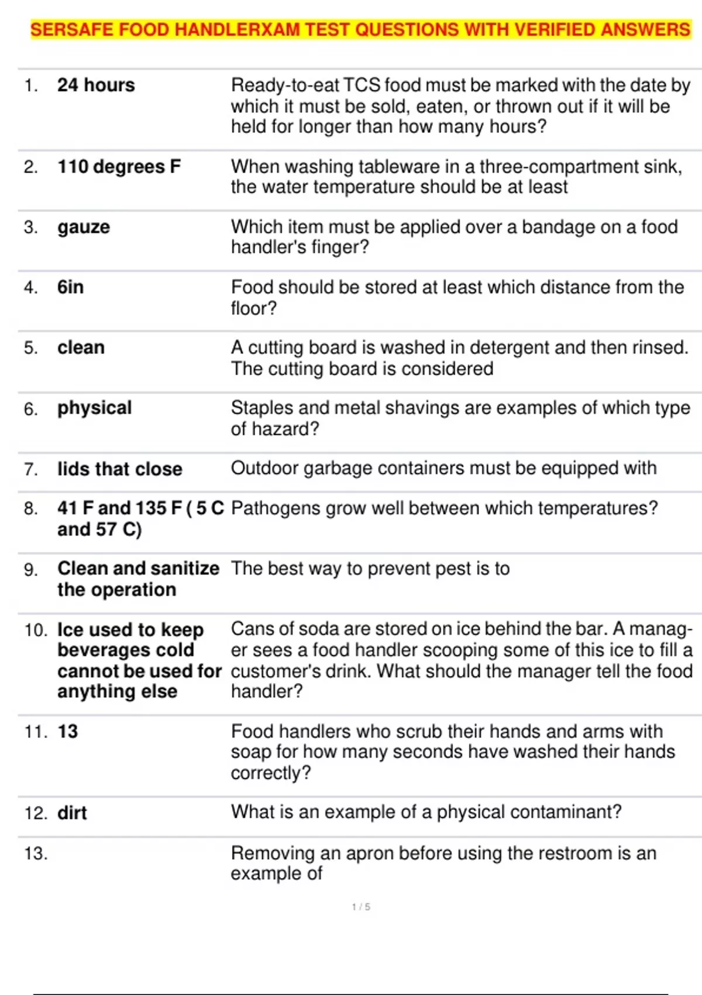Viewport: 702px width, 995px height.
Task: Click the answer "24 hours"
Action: (96, 85)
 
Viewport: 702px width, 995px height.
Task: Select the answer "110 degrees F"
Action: (119, 167)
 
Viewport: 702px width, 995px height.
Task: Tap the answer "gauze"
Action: (84, 227)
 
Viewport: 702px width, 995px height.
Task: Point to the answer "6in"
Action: (70, 287)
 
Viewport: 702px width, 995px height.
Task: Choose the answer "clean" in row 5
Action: (81, 348)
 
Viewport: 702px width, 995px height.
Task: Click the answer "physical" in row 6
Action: (94, 408)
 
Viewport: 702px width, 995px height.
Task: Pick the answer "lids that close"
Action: (119, 469)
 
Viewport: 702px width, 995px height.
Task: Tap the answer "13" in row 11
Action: (67, 732)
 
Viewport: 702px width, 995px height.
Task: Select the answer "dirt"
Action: (72, 813)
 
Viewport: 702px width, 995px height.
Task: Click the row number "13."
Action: (36, 853)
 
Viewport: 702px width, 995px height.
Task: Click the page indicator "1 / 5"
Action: (361, 907)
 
